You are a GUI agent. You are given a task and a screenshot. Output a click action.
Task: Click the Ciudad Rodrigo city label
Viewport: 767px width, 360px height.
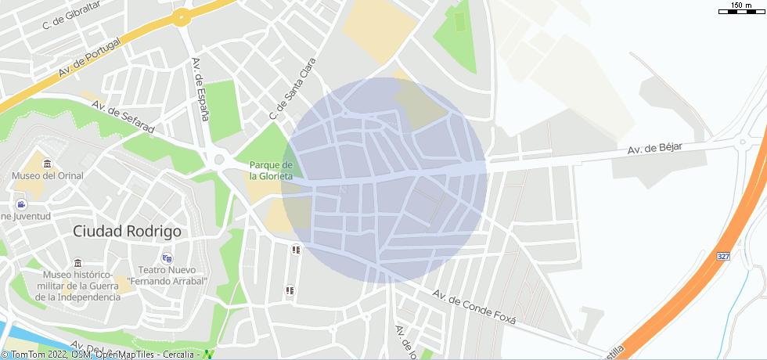(127, 232)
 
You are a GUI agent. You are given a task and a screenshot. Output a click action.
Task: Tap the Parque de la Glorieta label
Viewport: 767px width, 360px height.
(271, 171)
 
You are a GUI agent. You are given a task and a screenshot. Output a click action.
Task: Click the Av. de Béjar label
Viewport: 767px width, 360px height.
(654, 149)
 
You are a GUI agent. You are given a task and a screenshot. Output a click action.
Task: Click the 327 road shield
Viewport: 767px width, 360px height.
(723, 257)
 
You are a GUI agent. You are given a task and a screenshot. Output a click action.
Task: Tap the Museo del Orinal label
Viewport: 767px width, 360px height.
(47, 176)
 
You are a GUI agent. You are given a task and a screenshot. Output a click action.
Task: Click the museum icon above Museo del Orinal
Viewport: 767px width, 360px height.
(48, 164)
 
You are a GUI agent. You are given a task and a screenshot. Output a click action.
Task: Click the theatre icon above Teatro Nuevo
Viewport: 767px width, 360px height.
(167, 257)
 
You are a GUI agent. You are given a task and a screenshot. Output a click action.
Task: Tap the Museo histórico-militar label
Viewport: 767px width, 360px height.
(77, 286)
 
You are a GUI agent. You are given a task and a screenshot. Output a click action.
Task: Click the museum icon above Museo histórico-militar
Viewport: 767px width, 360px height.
(77, 263)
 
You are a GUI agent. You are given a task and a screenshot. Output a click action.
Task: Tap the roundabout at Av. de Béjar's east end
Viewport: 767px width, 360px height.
(740, 142)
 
